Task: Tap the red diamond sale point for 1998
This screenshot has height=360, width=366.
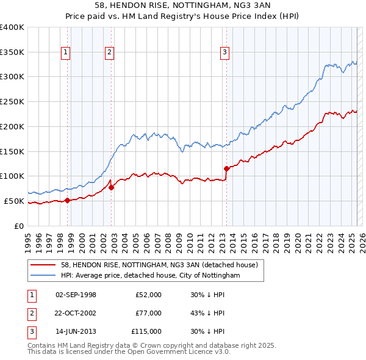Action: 67,200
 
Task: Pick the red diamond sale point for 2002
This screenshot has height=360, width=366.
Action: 112,187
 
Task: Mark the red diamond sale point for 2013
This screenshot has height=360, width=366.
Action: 226,168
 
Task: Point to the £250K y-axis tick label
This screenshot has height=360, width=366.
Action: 12,101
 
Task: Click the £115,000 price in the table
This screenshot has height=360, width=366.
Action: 146,331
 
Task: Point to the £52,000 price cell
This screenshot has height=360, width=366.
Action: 149,295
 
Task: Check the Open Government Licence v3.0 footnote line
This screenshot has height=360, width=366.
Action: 129,351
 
